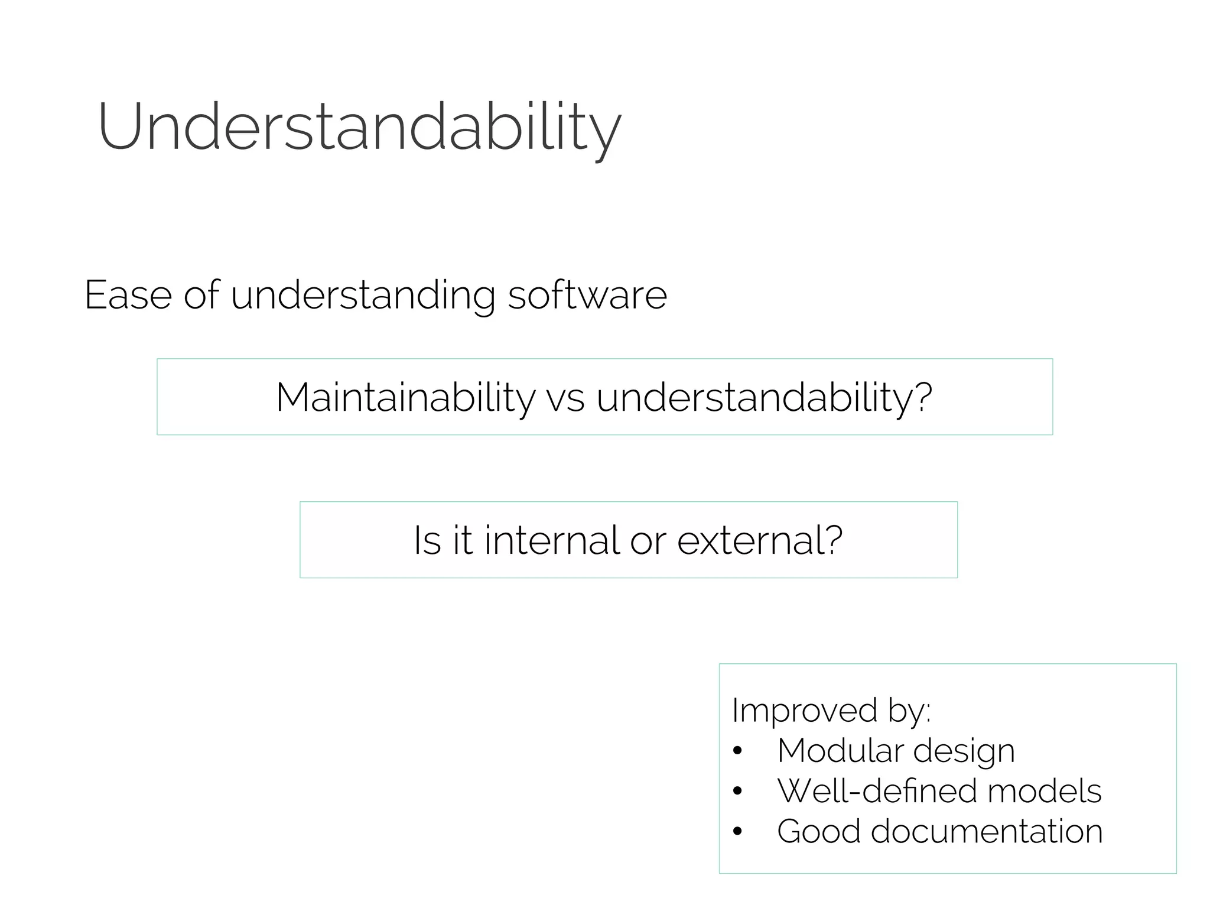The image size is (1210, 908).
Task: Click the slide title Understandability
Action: click(x=359, y=127)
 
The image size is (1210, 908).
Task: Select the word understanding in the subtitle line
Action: click(x=363, y=296)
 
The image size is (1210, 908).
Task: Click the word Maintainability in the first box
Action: click(x=405, y=397)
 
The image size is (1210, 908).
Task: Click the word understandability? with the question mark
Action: click(x=764, y=397)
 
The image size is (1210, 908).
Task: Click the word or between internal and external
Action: click(x=648, y=541)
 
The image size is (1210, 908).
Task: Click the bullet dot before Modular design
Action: click(x=737, y=751)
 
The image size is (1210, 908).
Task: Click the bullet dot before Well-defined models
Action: click(x=737, y=792)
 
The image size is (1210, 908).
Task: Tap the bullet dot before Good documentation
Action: click(x=737, y=832)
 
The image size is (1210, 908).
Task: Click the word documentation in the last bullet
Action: click(x=987, y=831)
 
